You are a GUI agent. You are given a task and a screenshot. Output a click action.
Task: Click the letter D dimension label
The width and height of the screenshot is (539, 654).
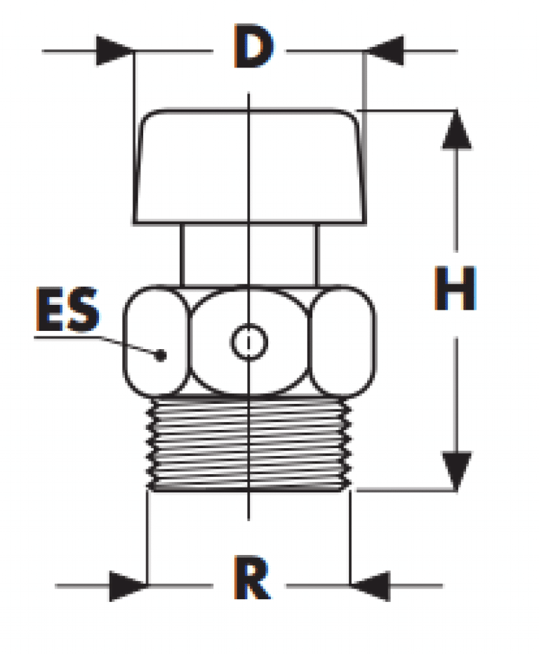(253, 46)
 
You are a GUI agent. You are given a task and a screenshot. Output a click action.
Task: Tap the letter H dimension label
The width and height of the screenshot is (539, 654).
(455, 288)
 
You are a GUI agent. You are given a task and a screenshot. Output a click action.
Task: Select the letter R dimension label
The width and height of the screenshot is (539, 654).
(253, 577)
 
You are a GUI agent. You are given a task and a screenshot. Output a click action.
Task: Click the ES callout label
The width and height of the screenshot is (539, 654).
(68, 310)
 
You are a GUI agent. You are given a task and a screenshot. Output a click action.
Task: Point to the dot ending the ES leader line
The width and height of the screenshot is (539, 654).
(161, 355)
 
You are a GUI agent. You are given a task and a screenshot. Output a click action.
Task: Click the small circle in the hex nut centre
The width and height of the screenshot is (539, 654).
(249, 342)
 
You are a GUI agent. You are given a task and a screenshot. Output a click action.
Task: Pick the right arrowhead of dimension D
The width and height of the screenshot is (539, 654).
(385, 51)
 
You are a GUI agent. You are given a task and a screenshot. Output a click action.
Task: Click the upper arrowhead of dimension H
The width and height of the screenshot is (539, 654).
(456, 129)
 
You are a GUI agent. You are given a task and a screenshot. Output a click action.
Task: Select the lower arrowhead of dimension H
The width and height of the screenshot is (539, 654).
(456, 471)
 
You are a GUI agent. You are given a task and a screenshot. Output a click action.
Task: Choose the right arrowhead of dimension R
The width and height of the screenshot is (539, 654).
(370, 586)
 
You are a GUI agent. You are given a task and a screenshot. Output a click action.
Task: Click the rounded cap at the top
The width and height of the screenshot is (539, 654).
(249, 167)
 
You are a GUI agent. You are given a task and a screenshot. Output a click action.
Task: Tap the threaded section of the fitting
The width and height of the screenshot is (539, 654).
(249, 444)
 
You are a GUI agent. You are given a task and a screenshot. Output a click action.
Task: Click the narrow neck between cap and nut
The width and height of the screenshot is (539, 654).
(249, 255)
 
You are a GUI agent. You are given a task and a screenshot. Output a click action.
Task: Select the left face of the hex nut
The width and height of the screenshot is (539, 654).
(156, 341)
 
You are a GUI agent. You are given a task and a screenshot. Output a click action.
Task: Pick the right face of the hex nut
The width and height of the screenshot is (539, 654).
(342, 341)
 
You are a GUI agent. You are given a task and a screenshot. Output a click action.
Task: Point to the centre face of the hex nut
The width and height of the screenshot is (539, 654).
(249, 341)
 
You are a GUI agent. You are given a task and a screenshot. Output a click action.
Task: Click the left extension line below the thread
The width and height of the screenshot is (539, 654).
(147, 538)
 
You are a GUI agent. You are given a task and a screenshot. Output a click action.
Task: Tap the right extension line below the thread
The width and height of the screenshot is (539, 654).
(350, 538)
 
